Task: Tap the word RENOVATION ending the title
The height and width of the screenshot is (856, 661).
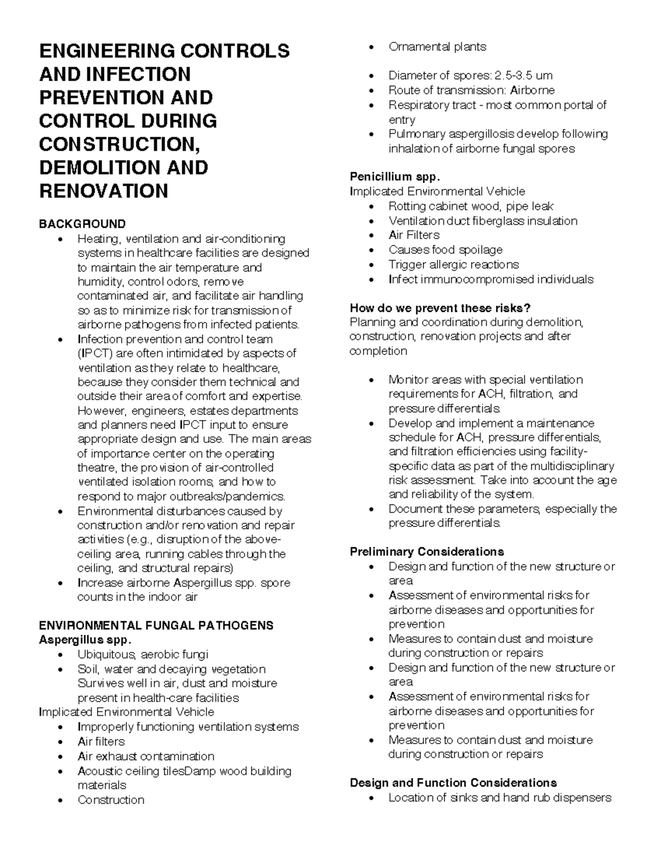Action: tap(104, 191)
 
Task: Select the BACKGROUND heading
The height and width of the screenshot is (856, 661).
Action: tap(82, 224)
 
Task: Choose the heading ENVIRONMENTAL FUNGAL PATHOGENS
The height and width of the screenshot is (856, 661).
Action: tap(156, 626)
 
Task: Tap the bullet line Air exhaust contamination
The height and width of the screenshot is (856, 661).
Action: tap(146, 756)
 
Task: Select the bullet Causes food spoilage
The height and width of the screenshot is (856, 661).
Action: tap(445, 250)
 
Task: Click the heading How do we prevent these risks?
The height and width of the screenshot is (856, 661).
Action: tap(440, 308)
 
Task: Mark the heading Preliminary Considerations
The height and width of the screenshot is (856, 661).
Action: tap(427, 552)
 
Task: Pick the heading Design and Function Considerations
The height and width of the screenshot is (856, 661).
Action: tap(453, 783)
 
